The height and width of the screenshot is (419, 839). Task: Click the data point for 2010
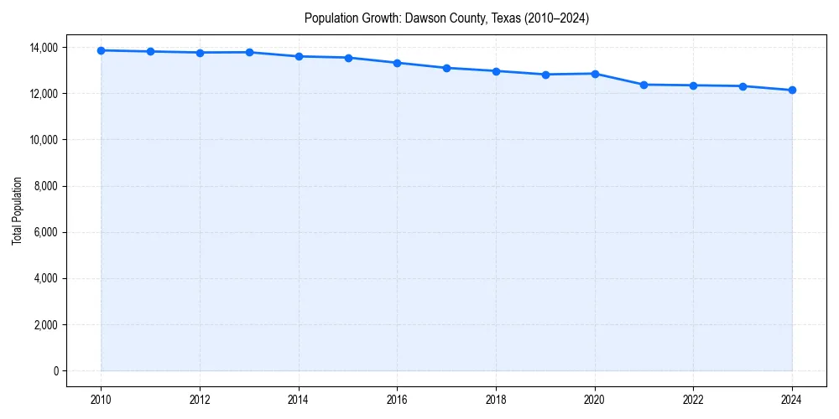click(x=101, y=50)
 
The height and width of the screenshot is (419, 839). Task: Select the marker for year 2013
click(x=249, y=52)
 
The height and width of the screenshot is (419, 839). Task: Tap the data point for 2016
click(x=397, y=63)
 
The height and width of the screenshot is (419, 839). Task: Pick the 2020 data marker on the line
click(x=595, y=74)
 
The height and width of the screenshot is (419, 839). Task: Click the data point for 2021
click(x=644, y=85)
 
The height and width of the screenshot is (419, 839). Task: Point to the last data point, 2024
click(x=792, y=90)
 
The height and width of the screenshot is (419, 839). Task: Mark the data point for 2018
click(x=496, y=71)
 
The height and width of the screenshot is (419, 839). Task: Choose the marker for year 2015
click(x=348, y=58)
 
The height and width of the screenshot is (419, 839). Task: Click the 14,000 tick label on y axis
click(x=44, y=48)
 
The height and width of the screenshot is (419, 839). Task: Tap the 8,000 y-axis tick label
click(x=47, y=186)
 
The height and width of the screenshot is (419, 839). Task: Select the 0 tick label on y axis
click(x=56, y=371)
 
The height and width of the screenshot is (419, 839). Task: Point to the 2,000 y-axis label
click(x=47, y=325)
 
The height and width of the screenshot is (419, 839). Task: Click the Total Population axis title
click(x=17, y=210)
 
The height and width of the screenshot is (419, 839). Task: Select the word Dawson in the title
click(x=424, y=18)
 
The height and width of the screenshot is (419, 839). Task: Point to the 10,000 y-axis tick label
click(x=44, y=140)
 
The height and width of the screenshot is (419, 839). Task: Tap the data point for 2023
click(x=743, y=86)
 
